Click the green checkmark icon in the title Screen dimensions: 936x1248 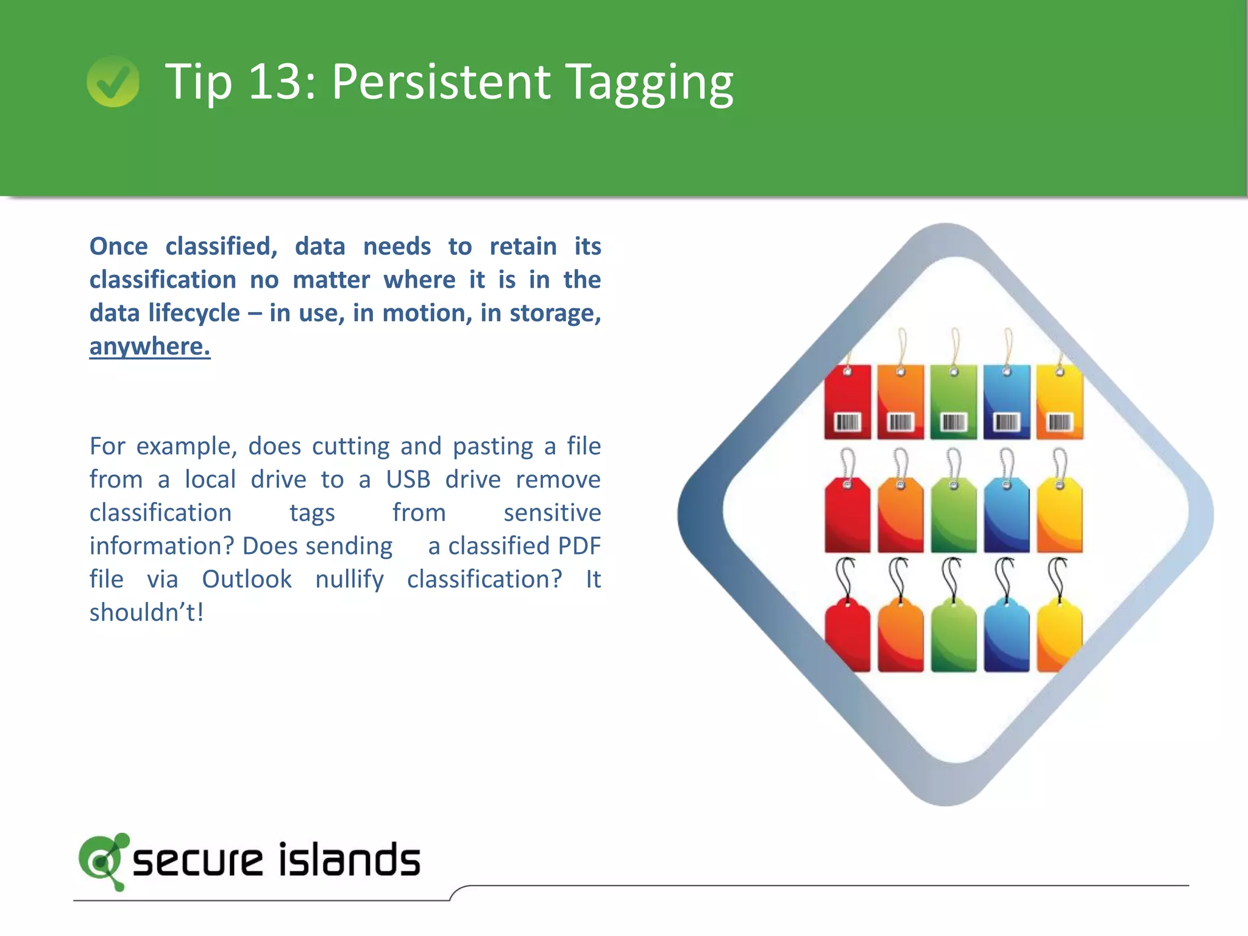pos(113,82)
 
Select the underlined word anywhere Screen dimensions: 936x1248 pos(150,346)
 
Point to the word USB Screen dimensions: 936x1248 pos(408,480)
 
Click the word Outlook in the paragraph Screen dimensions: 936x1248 pos(247,579)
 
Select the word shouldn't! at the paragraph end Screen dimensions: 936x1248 pos(146,612)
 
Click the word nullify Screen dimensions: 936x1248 pos(349,580)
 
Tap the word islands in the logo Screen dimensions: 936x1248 pos(349,860)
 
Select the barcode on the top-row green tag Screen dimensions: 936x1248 pos(954,422)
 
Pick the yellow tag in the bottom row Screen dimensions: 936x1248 pos(1059,637)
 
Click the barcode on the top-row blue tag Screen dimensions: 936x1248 pos(1007,422)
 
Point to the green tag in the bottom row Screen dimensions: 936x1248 pos(954,637)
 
